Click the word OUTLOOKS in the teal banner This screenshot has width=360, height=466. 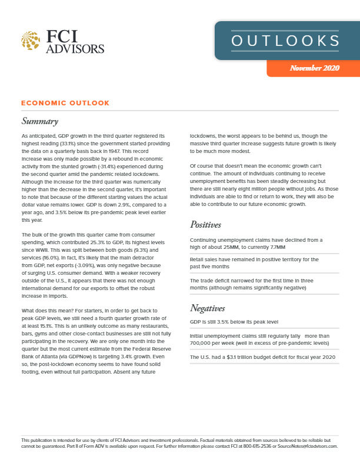point(285,41)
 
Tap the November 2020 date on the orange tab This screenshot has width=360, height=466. point(315,68)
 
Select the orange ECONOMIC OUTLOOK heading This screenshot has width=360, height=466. point(65,103)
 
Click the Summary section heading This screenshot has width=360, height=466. point(39,122)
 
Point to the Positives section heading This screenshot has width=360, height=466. point(209,224)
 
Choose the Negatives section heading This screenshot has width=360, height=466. point(211,307)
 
